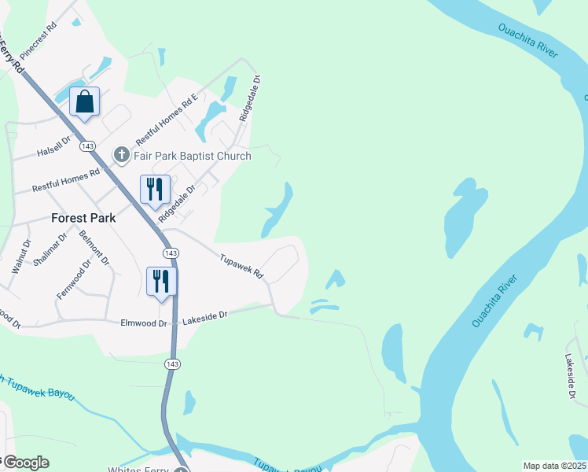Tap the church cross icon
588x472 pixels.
point(121,154)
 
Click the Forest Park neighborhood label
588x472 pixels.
point(83,218)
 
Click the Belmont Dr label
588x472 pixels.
point(93,247)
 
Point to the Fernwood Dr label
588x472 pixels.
point(75,279)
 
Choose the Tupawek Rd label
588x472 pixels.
point(241,267)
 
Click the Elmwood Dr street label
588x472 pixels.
point(144,323)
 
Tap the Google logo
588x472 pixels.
point(25,463)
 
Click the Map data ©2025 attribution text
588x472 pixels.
point(554,466)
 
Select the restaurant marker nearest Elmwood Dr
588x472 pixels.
point(160,282)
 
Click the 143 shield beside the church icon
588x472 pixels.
point(88,146)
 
